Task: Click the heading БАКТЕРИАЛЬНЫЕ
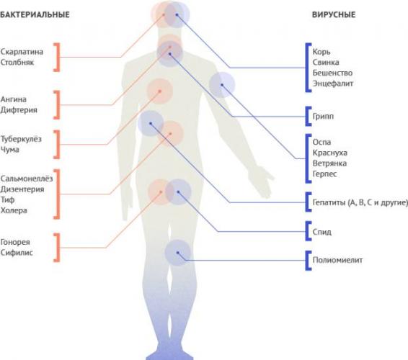[35, 14]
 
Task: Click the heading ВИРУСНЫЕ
[334, 14]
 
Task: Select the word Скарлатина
[22, 52]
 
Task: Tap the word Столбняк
[17, 63]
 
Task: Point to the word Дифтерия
[19, 110]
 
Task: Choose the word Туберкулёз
[21, 139]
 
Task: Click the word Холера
[14, 210]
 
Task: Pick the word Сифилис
[17, 253]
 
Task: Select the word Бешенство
[332, 73]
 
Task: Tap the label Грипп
[323, 116]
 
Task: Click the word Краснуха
[330, 153]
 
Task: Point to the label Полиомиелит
[337, 260]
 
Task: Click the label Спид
[322, 232]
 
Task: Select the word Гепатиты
[329, 202]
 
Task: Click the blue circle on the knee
[178, 253]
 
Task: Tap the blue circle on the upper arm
[222, 85]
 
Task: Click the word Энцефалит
[333, 84]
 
